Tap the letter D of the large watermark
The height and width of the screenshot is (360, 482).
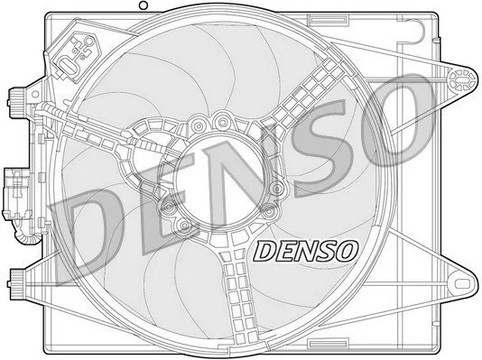[89, 234]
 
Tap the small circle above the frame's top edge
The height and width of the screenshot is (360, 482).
[144, 5]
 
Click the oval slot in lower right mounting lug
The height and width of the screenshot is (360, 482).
[462, 283]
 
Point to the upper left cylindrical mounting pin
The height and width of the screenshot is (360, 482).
[16, 103]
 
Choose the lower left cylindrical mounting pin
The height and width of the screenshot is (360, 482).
[17, 283]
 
